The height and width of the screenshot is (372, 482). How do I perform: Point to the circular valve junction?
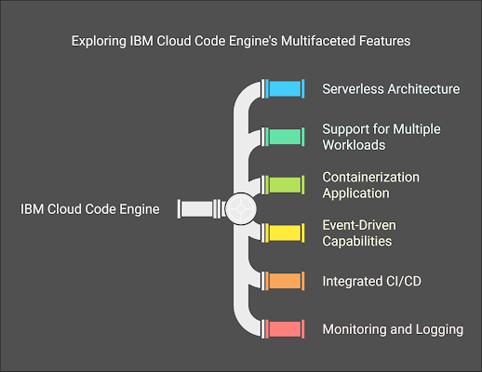click(241, 209)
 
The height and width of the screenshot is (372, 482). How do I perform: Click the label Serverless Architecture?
click(391, 89)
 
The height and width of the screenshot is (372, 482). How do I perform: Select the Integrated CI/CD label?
click(372, 281)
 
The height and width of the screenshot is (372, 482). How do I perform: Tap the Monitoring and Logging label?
click(393, 329)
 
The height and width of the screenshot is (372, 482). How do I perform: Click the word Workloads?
click(354, 145)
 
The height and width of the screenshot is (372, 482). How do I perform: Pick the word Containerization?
click(371, 178)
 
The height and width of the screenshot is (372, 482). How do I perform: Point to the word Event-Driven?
click(359, 225)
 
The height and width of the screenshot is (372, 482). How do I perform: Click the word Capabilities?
click(357, 241)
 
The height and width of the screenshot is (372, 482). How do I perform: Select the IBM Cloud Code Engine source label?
click(90, 209)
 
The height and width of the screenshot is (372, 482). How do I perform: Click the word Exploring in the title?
click(99, 41)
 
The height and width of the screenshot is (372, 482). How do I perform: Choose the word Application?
click(355, 193)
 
